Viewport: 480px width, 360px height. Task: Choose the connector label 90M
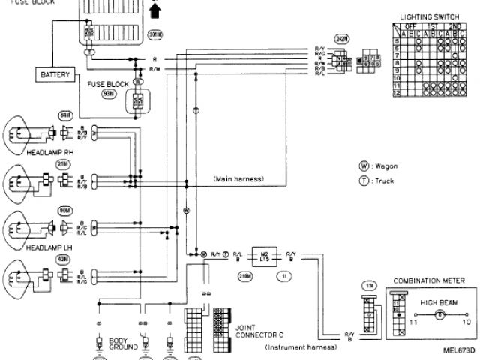point(65,211)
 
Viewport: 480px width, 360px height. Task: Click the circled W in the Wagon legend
point(364,166)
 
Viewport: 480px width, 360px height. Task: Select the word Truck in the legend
point(386,180)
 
